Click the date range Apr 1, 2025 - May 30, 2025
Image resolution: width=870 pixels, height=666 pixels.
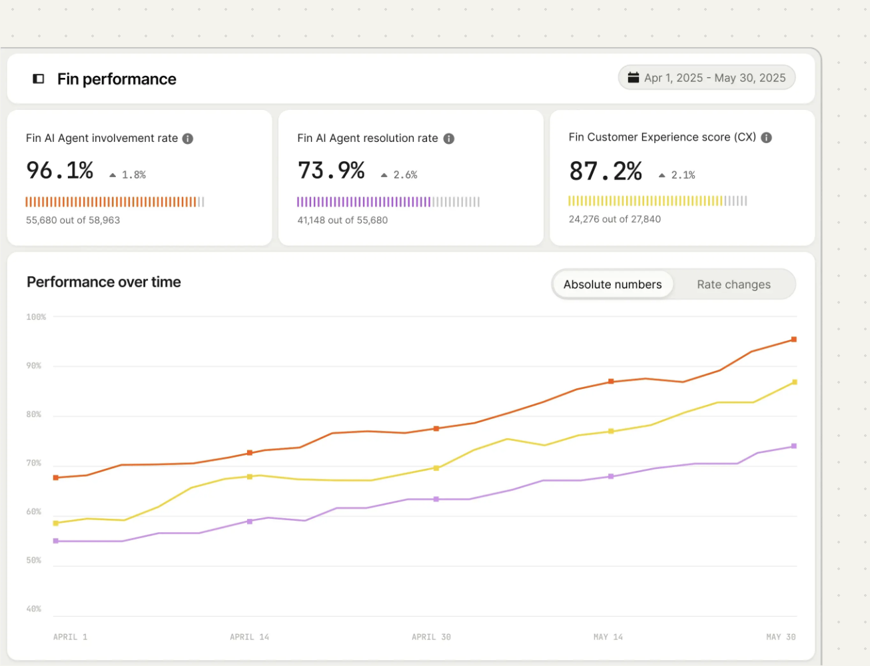707,78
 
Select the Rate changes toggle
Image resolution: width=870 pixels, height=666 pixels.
733,284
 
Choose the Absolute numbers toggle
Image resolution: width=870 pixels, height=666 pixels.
612,284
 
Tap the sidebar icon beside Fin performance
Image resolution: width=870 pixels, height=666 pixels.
39,79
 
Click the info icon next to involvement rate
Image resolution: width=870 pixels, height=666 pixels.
188,139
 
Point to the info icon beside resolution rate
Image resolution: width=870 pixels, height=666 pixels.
449,139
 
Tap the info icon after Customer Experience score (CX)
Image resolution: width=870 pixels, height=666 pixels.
767,138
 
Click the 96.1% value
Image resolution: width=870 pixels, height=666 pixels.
60,170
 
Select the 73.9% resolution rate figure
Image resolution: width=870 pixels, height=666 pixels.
331,170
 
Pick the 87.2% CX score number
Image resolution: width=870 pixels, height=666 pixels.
605,171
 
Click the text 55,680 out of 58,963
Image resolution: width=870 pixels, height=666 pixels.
73,220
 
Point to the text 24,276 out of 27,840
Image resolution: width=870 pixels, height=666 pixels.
615,219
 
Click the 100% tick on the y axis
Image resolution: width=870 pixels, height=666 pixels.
36,317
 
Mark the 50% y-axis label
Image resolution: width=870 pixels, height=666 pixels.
34,561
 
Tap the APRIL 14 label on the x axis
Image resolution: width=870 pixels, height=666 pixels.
249,637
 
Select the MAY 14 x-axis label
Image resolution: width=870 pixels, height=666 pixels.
608,637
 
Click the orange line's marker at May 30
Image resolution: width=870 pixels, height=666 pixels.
793,340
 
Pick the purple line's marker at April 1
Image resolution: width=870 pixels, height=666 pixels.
56,541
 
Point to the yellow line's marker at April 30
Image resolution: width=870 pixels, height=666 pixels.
436,468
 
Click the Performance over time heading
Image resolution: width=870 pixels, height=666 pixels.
104,282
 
